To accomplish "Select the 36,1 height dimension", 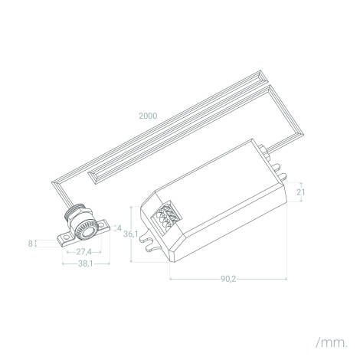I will coord(130,234).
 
